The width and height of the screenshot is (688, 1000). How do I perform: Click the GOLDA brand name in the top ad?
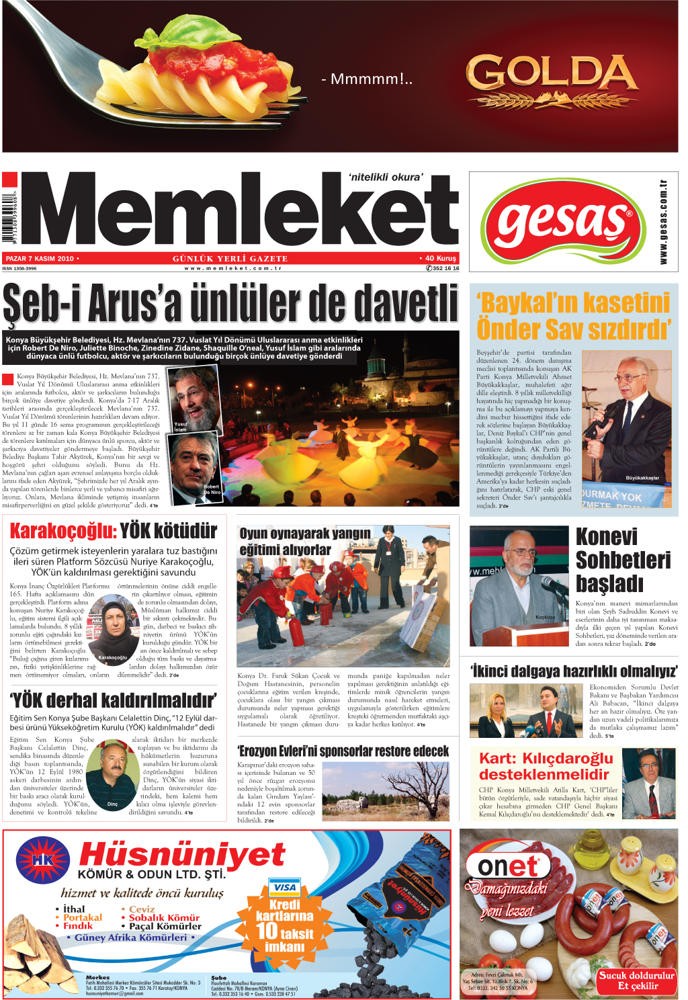coord(551,73)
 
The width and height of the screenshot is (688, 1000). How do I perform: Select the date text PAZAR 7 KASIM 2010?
coord(40,259)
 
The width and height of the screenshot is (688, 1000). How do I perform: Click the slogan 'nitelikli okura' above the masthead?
coord(386,177)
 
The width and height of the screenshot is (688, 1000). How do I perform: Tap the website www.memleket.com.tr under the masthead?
coord(232,268)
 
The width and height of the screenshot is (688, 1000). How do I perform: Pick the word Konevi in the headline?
coord(607,537)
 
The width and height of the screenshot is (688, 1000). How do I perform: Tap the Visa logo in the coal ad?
coord(284,887)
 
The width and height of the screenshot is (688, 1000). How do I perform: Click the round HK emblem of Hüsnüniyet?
coord(43,860)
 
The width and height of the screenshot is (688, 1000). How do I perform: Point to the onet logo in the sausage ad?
coord(508,866)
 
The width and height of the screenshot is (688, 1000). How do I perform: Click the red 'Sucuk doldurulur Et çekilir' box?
coord(636,981)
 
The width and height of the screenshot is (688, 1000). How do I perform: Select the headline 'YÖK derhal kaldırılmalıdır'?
coord(113,701)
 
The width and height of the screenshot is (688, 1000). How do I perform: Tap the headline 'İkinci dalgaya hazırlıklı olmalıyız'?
coord(574,671)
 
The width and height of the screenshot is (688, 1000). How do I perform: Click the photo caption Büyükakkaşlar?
coord(642,478)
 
